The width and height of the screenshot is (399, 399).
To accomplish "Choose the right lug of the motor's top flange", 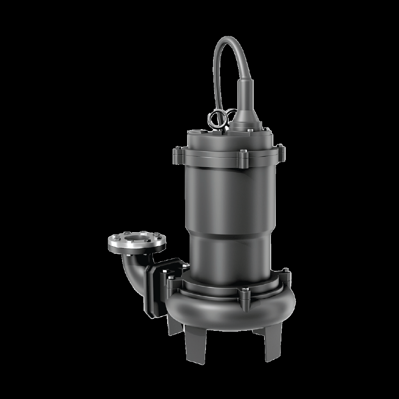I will [x=282, y=150].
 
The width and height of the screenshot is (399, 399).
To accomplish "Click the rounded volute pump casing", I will [x=223, y=311].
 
